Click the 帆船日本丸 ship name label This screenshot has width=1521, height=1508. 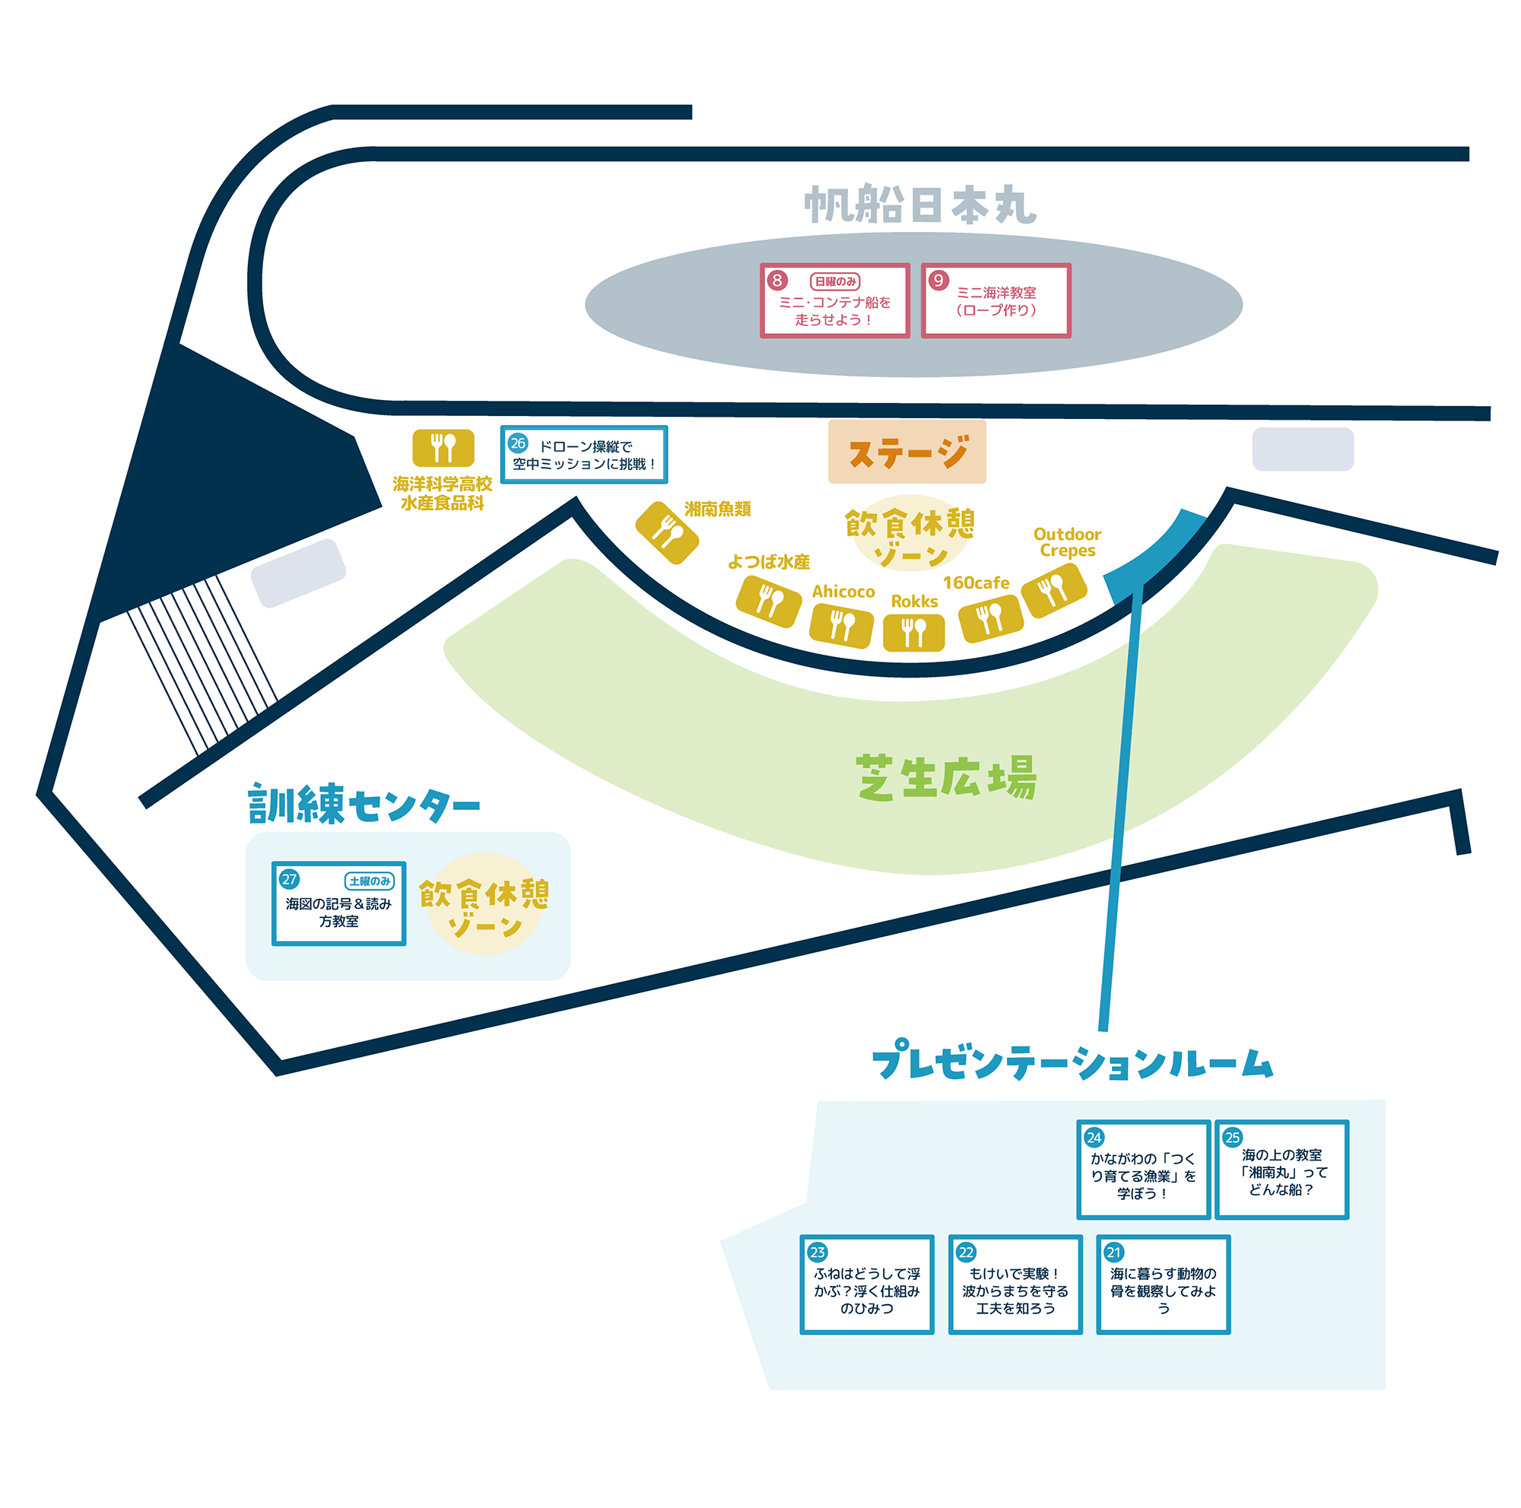[919, 205]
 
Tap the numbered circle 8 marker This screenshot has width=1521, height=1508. [777, 281]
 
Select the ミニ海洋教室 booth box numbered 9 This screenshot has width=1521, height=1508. [996, 300]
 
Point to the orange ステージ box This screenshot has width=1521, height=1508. [907, 452]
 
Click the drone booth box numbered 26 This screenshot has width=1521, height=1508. [584, 455]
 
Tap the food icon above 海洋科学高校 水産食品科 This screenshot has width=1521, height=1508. [443, 448]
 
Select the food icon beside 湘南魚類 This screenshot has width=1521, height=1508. [667, 533]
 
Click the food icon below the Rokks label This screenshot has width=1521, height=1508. [914, 632]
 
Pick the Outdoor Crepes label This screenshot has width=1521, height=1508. [1068, 542]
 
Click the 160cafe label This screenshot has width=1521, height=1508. [976, 583]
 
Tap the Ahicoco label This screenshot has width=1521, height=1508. [843, 592]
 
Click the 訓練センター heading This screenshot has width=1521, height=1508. [364, 804]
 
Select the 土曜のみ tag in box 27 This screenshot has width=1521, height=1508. [370, 881]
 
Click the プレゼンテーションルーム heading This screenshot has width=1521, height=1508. [1072, 1060]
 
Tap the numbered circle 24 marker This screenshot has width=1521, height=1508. [1094, 1138]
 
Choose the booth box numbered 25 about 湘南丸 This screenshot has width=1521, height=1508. [1281, 1170]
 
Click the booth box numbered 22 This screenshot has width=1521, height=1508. [1015, 1284]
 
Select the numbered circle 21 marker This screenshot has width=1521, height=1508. [1114, 1252]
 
